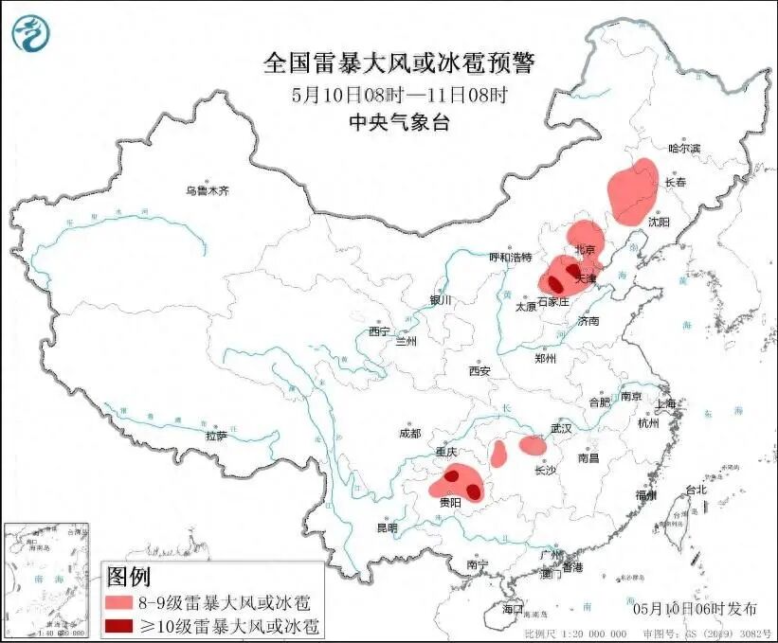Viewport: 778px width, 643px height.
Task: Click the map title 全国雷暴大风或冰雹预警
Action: click(398, 63)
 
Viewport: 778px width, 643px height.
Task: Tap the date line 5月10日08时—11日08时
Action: click(399, 95)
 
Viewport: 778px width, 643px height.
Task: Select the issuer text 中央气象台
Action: click(398, 121)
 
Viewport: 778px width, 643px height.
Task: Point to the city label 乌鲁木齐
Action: click(208, 190)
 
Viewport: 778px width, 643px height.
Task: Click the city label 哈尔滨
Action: click(683, 149)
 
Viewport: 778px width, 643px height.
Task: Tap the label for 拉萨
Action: click(215, 436)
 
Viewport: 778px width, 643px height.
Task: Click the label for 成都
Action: click(410, 433)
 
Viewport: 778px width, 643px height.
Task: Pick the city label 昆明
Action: click(388, 527)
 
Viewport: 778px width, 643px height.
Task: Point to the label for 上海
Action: click(666, 403)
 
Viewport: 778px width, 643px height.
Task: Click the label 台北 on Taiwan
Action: click(696, 490)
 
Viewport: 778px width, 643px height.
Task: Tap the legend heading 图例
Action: click(129, 576)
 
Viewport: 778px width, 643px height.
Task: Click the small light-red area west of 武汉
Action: click(533, 445)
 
